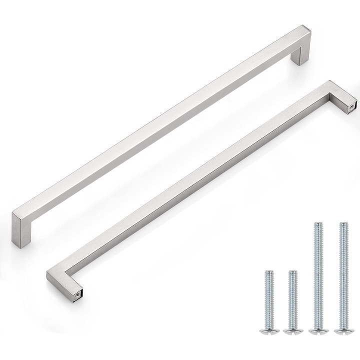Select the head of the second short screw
point(292,330)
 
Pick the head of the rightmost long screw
point(342,330)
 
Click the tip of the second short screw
point(293,271)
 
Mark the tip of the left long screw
point(317,223)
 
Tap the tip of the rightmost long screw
point(342,223)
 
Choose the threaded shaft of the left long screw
point(317,275)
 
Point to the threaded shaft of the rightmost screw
point(342,275)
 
